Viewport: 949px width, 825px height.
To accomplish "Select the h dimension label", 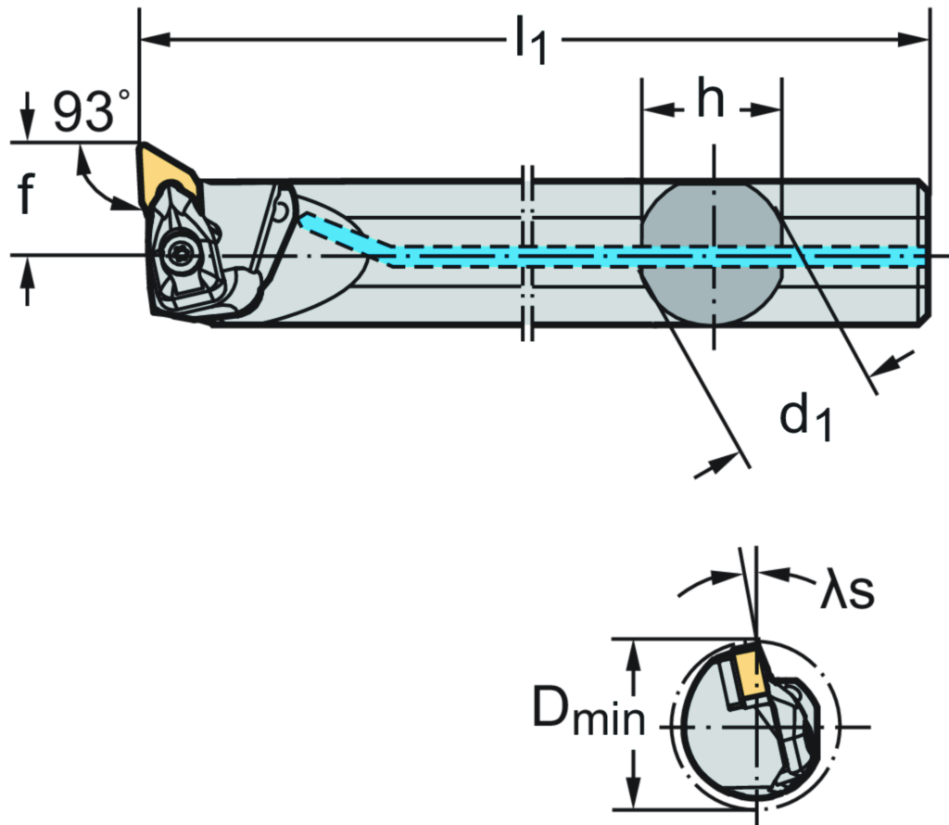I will tap(711, 99).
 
